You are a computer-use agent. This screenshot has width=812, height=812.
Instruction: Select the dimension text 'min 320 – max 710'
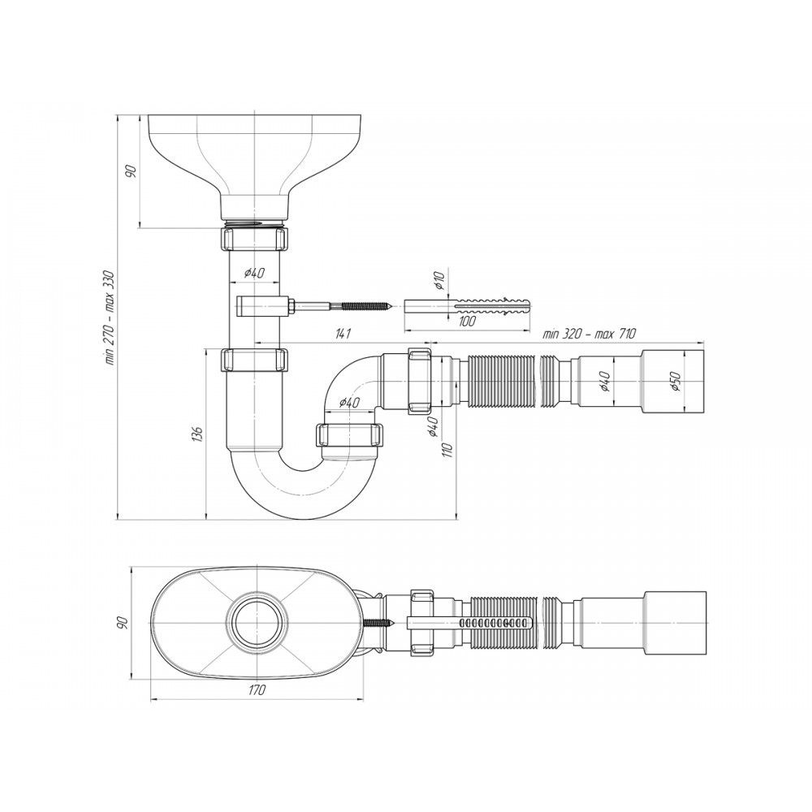[589, 334]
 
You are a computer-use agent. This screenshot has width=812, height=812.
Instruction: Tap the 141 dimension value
[343, 334]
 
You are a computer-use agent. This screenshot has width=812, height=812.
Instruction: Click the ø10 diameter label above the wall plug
[439, 280]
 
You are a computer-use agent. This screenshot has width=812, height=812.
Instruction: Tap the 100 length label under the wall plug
[467, 321]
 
